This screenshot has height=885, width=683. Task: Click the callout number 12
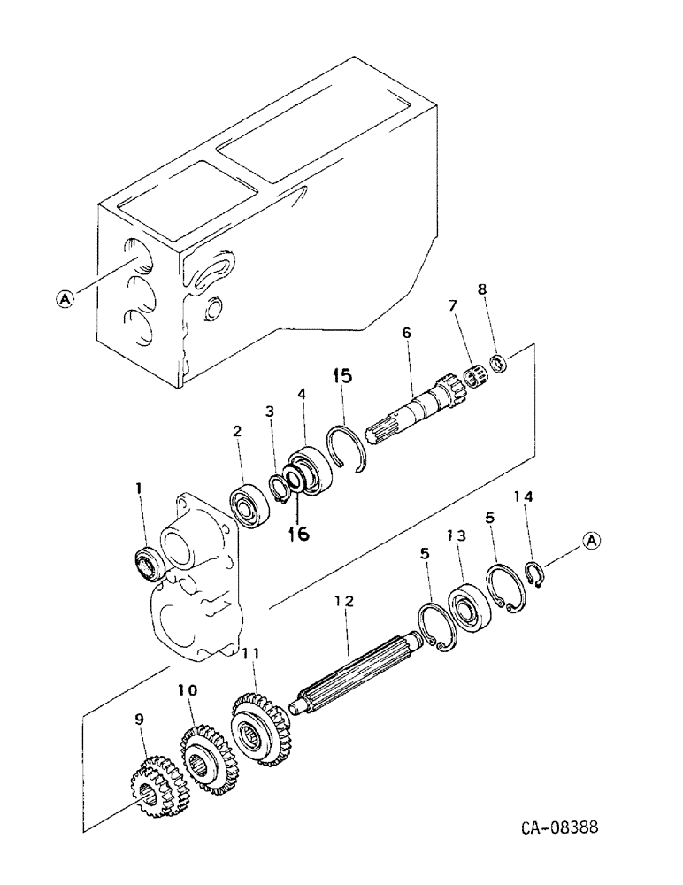343,601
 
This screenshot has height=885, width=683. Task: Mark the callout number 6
406,333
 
